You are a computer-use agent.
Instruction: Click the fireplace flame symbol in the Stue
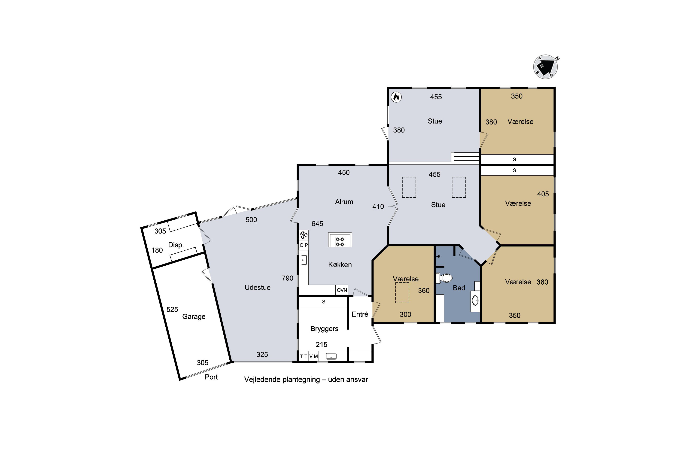point(396,97)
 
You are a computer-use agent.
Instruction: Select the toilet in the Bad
point(444,278)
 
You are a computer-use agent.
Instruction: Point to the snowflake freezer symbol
point(304,235)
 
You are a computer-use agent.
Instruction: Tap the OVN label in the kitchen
point(342,290)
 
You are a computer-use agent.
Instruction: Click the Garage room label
point(194,316)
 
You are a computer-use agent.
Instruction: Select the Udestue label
point(258,288)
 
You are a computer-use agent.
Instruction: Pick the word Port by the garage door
point(211,377)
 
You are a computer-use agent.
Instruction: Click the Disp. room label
point(176,245)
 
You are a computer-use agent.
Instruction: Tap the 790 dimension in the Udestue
point(287,278)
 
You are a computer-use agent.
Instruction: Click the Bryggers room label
point(324,329)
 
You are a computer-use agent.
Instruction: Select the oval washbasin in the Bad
point(475,301)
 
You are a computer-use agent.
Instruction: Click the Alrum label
point(344,202)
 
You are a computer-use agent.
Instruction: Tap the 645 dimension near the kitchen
point(317,224)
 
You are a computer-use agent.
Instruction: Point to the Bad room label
point(459,288)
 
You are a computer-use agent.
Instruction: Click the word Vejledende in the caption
point(262,380)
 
